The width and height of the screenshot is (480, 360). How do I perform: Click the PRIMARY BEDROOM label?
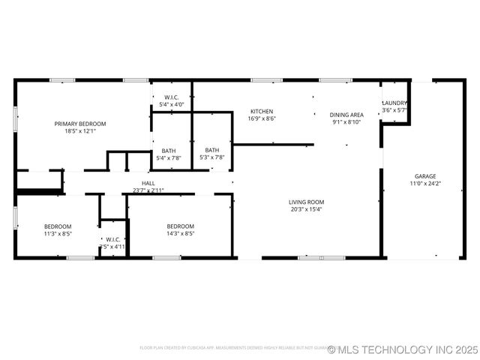(x=80, y=124)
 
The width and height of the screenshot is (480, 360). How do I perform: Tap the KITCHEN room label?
(x=262, y=112)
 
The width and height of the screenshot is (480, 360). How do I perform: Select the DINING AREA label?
(x=346, y=115)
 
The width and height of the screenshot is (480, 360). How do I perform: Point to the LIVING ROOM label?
(x=306, y=202)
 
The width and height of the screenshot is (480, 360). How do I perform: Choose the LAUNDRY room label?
(x=394, y=103)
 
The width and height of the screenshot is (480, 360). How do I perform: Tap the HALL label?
(x=148, y=183)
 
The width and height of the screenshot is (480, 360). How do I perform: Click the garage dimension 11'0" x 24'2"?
(x=424, y=184)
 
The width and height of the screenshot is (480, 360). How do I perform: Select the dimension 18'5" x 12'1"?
(x=80, y=131)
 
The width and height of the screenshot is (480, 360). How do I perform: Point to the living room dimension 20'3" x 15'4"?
(x=306, y=209)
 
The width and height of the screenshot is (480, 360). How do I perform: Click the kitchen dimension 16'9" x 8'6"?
(x=262, y=118)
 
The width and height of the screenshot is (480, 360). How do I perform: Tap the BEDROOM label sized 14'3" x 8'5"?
(x=180, y=226)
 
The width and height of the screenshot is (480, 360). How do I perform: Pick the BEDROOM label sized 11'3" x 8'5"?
(x=58, y=226)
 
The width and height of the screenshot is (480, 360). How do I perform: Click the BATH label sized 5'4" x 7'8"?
(x=169, y=151)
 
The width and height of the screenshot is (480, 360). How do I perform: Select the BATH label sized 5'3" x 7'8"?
(x=212, y=150)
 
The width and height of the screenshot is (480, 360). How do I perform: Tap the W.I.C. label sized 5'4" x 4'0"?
(x=171, y=97)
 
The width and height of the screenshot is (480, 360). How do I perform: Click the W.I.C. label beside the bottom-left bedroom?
(x=113, y=239)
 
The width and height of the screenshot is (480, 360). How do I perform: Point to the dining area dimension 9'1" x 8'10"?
(x=346, y=122)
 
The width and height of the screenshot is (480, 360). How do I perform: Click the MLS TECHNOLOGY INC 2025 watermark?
(x=402, y=349)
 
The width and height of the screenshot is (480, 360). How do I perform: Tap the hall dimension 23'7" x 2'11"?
(x=148, y=190)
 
